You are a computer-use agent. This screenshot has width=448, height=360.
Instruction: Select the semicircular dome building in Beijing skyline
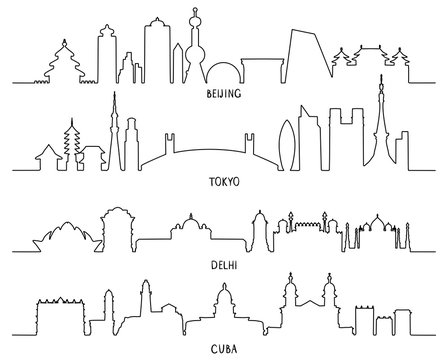[x=225, y=72]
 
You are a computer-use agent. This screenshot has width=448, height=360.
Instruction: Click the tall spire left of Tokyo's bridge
[x=113, y=125]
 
